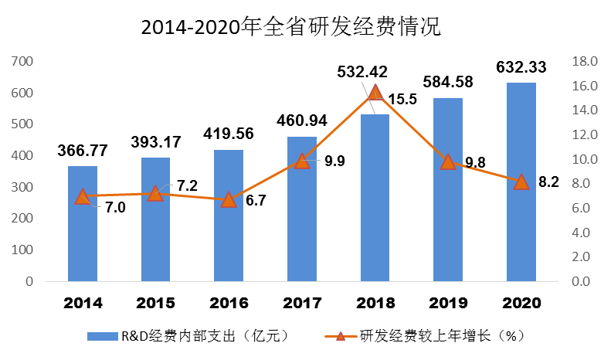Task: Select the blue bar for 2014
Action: [83, 232]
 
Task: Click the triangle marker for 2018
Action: [375, 93]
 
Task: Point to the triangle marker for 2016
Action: [229, 199]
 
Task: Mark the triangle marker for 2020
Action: [521, 182]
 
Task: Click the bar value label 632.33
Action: [521, 67]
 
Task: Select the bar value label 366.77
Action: [83, 150]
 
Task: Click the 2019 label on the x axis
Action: [448, 302]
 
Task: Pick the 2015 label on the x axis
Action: [155, 302]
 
